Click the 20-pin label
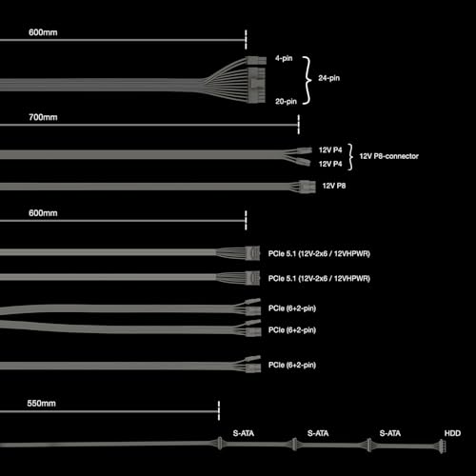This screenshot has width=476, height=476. (286, 101)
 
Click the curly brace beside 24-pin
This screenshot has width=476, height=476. (308, 79)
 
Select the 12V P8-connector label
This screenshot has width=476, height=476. (390, 156)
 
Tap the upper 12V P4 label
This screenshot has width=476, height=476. (331, 149)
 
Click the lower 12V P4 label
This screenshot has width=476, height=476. (331, 163)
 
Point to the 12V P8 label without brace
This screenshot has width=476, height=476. (334, 186)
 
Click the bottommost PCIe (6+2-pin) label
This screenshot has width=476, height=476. (292, 365)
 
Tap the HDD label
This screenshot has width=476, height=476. (452, 434)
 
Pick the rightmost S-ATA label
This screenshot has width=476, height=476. (389, 434)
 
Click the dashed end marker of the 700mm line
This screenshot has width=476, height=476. (299, 124)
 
